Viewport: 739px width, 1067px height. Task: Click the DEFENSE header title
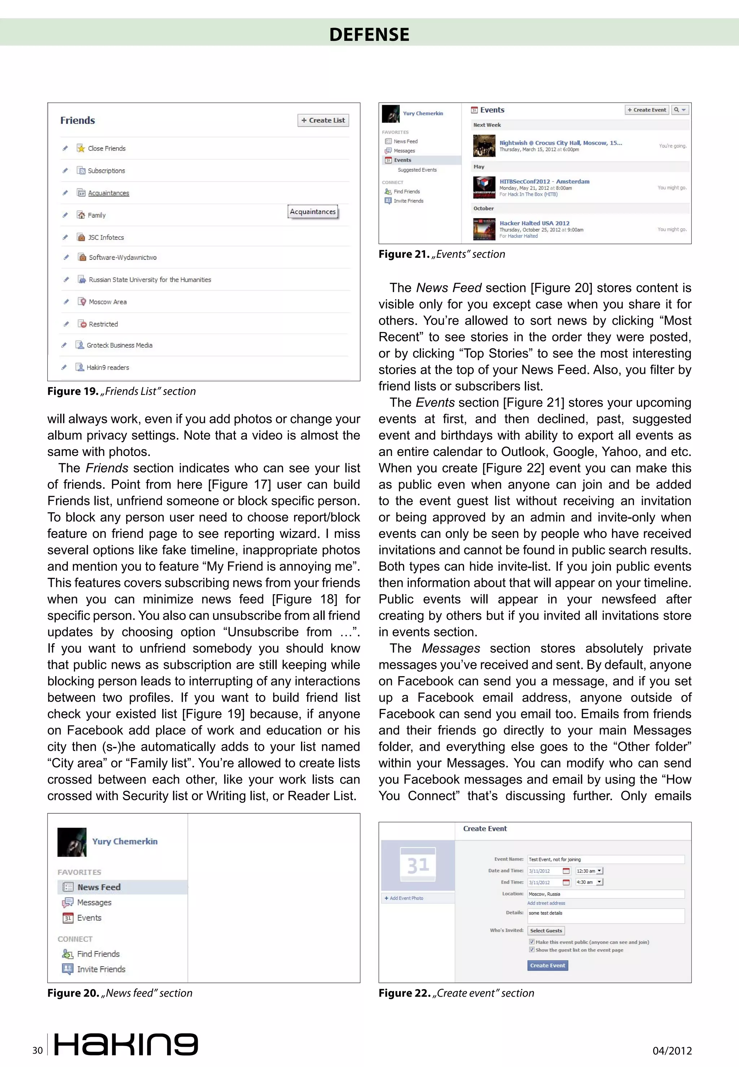(369, 34)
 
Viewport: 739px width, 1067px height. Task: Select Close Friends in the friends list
(106, 149)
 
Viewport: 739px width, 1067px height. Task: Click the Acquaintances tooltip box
(312, 212)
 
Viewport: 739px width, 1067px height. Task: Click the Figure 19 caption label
(121, 391)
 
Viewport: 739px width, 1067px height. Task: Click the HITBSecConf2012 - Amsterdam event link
(544, 182)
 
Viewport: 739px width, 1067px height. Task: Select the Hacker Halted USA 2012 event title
(534, 223)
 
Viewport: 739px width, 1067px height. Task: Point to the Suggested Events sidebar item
(417, 170)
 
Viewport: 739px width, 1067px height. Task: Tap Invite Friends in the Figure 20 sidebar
(101, 969)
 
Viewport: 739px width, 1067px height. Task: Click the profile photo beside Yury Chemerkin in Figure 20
(72, 842)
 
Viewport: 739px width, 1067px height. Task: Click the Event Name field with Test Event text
(605, 859)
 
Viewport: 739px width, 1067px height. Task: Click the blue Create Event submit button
(547, 965)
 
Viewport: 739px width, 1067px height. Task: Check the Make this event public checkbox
(532, 941)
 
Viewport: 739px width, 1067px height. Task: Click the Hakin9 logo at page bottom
(126, 1044)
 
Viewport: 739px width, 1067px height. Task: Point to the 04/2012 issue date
(672, 1051)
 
